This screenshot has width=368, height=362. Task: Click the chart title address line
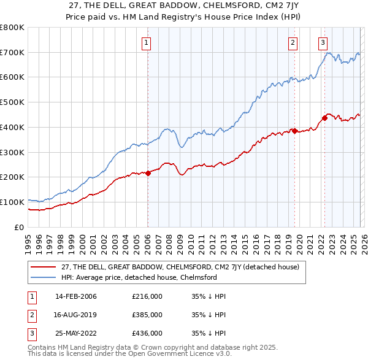tap(183, 4)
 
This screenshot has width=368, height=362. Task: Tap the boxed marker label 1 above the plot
tap(147, 42)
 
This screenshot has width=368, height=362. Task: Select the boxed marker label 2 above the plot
tap(293, 42)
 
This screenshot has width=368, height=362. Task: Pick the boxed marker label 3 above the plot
tap(323, 42)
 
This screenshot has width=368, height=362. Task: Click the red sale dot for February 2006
tap(148, 173)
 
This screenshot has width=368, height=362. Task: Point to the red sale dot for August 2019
tap(294, 131)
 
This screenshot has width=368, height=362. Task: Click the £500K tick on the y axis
tap(12, 102)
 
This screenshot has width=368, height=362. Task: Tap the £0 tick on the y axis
tap(18, 227)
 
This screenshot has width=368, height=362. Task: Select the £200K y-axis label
tap(12, 177)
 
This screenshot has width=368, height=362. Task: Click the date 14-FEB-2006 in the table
tap(75, 297)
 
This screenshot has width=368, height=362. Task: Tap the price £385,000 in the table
tap(147, 315)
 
